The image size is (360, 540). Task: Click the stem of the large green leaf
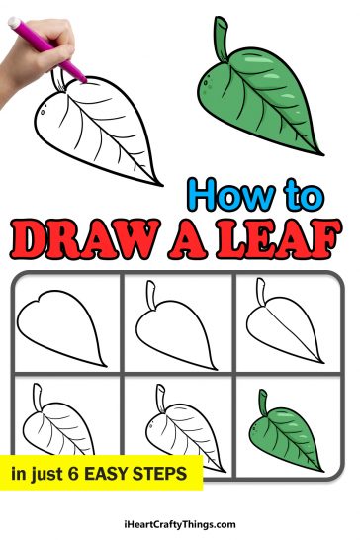222,37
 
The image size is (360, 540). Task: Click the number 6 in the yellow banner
73,475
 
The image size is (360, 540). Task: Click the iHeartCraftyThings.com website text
180,524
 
